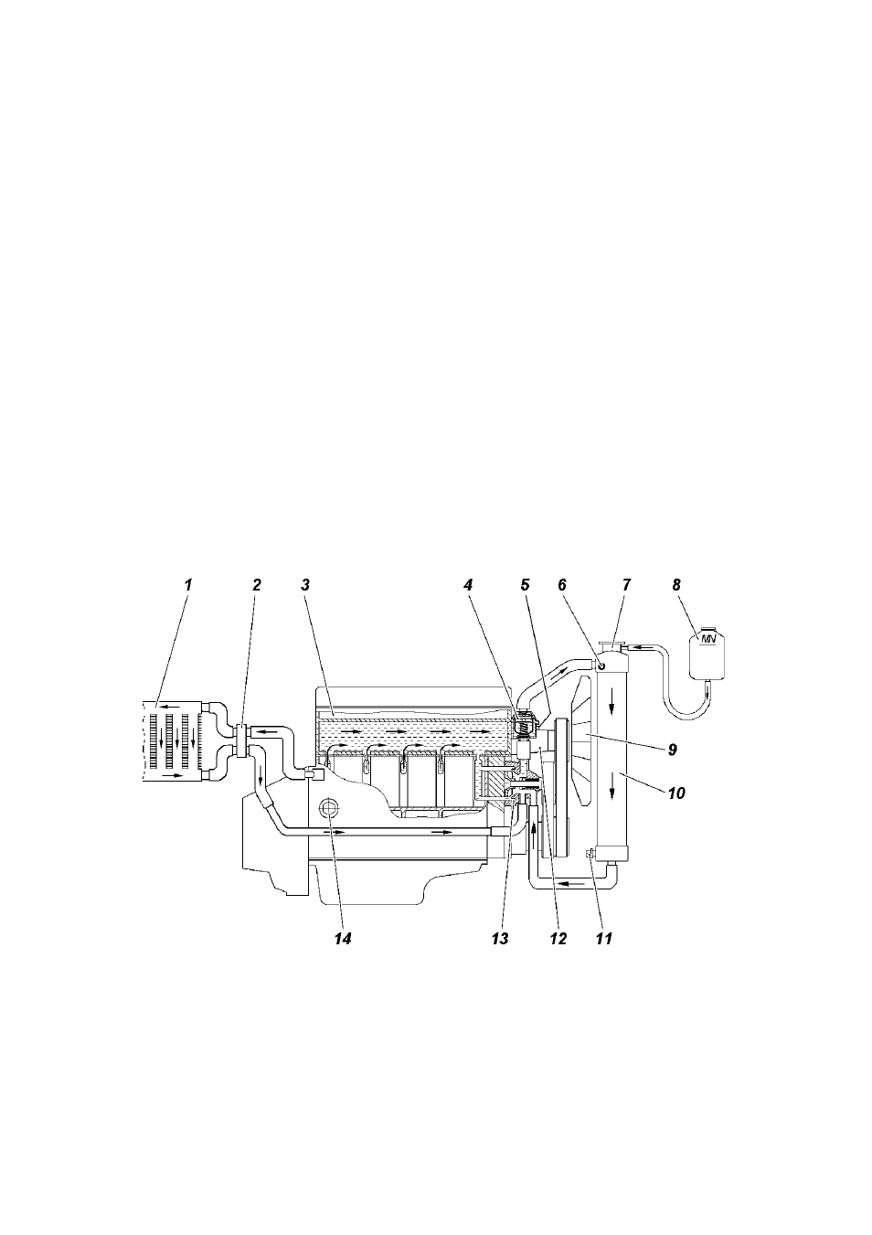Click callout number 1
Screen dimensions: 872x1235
[x=188, y=585]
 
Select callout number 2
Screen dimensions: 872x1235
[x=257, y=585]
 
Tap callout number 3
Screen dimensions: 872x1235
[x=305, y=585]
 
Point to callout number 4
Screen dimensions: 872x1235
[x=468, y=585]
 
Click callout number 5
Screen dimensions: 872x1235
[x=525, y=585]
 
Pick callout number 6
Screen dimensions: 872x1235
[x=562, y=585]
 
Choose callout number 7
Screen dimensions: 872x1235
[x=626, y=585]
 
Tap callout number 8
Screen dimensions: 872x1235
[x=676, y=585]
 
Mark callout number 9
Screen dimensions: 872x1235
[x=673, y=750]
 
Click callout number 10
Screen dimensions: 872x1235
[x=676, y=793]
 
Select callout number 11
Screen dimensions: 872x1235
[x=604, y=939]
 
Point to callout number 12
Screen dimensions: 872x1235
[x=558, y=939]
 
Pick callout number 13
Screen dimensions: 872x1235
[x=501, y=939]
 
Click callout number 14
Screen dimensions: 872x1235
[x=343, y=939]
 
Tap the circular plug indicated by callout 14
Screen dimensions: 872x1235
[x=329, y=809]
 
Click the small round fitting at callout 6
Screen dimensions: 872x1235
[x=601, y=666]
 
